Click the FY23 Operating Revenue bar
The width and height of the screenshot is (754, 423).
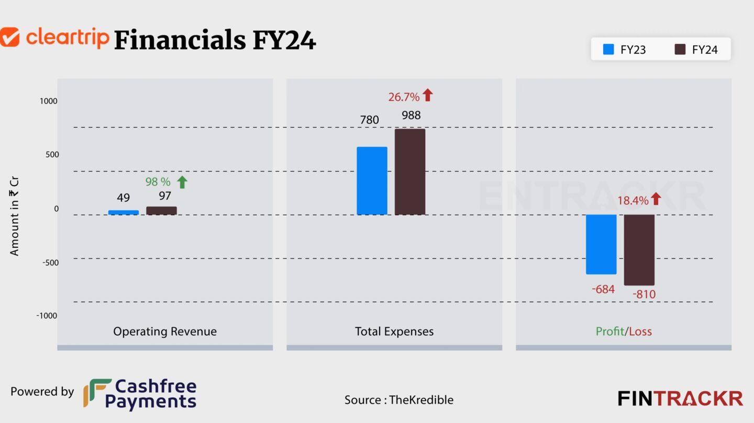coord(124,212)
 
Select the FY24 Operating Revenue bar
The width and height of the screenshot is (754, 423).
coord(161,211)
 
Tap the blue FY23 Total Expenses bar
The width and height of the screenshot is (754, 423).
coord(372,180)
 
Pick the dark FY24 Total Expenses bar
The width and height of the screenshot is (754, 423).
coord(410,172)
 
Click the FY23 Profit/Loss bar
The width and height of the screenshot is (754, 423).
coord(601,244)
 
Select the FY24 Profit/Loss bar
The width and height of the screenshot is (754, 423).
coord(639,249)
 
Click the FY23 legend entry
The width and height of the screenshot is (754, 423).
coord(625,50)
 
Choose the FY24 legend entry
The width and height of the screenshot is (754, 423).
coord(696,50)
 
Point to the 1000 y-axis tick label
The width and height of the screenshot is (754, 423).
coord(48,101)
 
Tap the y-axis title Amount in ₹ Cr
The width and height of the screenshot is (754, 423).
coord(14,216)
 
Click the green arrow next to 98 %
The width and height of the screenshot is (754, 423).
coord(182,182)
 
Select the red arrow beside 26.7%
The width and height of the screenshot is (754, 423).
coord(427,95)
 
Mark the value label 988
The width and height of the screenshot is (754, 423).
coord(411,115)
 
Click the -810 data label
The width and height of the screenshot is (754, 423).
coord(644,294)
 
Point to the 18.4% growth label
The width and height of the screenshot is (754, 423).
coord(633,200)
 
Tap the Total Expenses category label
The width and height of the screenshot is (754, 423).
coord(394,331)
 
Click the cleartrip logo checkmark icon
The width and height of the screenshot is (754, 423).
coord(9,37)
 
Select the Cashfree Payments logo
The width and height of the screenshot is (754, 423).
coord(140,394)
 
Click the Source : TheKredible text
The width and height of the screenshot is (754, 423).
coord(399,400)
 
